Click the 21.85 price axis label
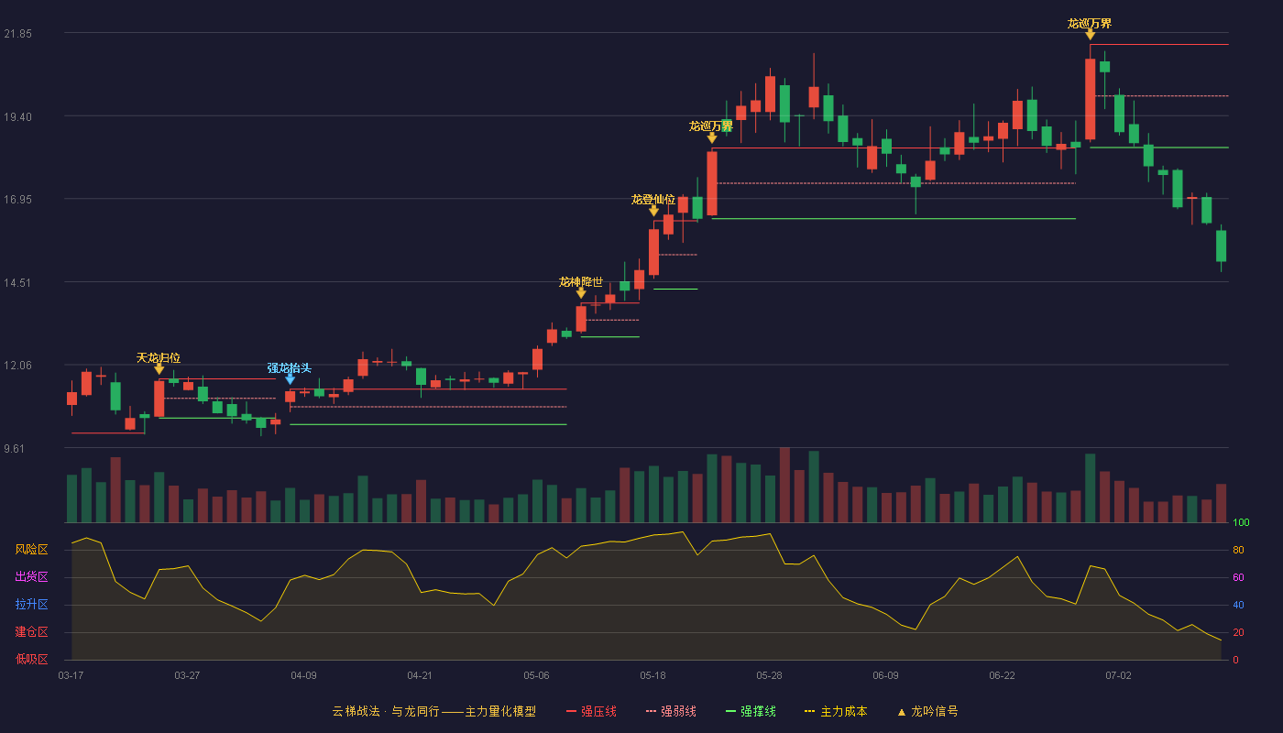click(17, 34)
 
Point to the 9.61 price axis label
click(15, 448)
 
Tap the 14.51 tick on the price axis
click(17, 283)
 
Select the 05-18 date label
click(652, 676)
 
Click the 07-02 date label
click(1119, 676)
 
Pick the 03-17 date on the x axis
click(71, 676)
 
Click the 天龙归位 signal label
click(159, 358)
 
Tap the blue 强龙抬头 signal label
click(290, 367)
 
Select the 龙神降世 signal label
click(581, 282)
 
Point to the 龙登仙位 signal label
click(652, 200)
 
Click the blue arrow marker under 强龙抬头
click(290, 379)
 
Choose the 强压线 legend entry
click(591, 711)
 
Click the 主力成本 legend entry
click(836, 711)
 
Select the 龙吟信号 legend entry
click(927, 711)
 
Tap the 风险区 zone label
click(31, 550)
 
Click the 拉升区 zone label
click(31, 605)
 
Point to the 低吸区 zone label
click(31, 660)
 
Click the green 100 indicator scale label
click(1241, 522)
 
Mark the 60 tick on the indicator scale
click(1238, 577)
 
